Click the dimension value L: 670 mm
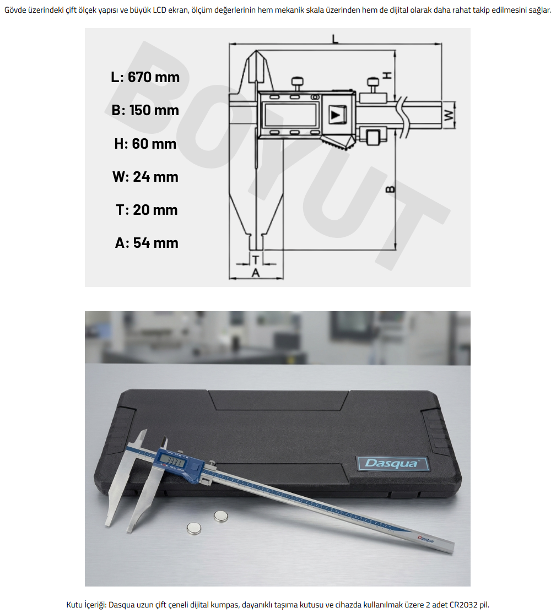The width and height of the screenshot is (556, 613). tap(145, 77)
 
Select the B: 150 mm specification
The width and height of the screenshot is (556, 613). tap(145, 110)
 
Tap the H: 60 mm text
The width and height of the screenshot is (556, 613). tap(145, 144)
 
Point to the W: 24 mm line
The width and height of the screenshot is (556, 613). tap(145, 177)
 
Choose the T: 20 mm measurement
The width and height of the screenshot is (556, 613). tap(147, 209)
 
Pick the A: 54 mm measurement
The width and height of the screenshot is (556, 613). tap(147, 243)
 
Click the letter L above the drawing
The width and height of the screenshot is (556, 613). tap(336, 39)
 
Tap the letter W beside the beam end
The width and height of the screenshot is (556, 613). tap(450, 115)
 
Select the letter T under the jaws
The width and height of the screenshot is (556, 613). tap(256, 259)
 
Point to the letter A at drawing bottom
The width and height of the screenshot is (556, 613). tap(256, 273)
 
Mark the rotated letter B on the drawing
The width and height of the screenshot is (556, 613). tap(391, 189)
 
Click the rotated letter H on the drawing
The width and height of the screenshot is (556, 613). tap(387, 75)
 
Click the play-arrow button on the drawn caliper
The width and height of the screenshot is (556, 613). tap(337, 115)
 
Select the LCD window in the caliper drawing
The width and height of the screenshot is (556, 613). tap(290, 115)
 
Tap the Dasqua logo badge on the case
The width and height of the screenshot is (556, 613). tap(392, 463)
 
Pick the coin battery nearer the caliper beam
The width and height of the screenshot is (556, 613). tap(220, 517)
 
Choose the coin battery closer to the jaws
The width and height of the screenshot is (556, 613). tap(194, 529)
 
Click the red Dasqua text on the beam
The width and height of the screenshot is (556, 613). tap(425, 540)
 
